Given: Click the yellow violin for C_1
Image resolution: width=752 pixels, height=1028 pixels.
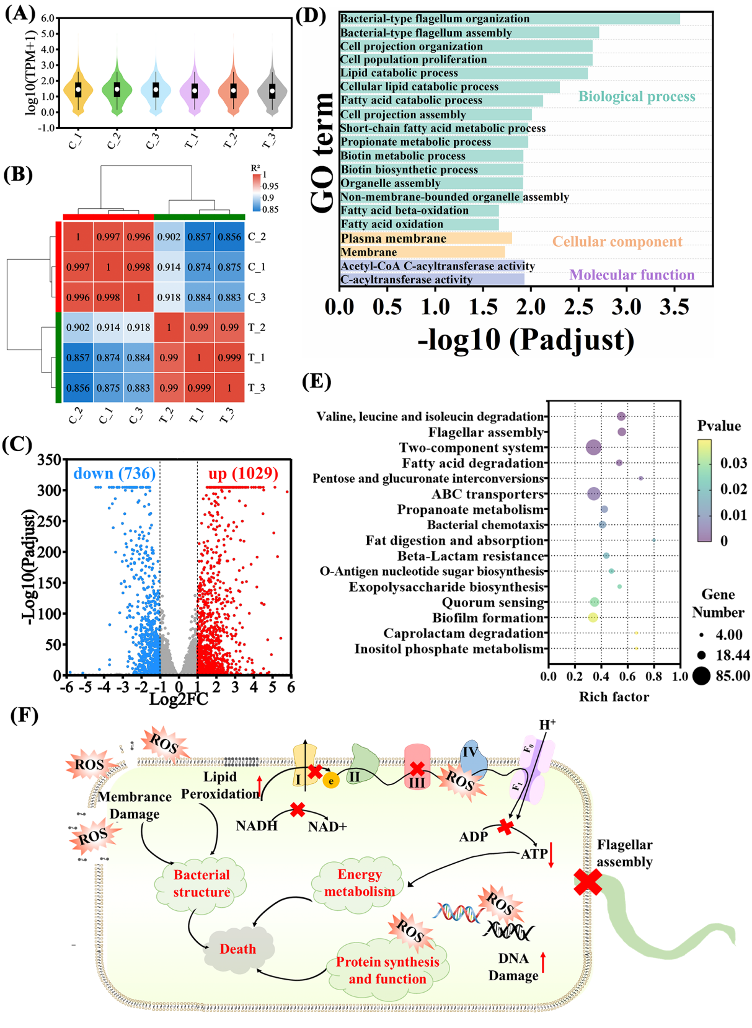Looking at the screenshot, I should [78, 90].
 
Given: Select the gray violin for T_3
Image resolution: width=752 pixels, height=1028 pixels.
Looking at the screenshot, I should [272, 90].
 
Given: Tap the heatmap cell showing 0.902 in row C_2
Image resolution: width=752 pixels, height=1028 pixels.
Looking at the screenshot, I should [169, 237].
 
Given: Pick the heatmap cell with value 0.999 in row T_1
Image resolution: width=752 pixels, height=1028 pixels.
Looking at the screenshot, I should [229, 358].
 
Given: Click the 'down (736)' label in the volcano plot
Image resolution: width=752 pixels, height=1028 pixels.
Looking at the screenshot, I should [115, 474].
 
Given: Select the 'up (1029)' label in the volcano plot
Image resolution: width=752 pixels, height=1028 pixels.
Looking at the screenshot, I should [243, 474].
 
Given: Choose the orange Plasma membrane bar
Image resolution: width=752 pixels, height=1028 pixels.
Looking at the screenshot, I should [426, 239].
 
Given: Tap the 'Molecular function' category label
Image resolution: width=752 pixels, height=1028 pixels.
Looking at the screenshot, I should [632, 275].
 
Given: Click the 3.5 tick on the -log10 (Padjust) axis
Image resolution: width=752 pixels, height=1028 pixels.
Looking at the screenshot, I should [675, 307].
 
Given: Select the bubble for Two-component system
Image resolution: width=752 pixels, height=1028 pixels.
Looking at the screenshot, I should [593, 447].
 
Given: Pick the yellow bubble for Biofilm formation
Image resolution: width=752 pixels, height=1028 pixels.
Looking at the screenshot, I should [593, 618].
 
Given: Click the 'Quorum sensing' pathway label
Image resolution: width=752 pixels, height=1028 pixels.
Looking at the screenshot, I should [493, 602].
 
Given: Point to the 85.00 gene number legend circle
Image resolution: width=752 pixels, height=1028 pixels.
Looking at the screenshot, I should [701, 675].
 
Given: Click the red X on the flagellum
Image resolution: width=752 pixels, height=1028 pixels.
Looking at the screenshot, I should [588, 882].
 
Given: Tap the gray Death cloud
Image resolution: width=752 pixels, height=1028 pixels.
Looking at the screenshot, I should [239, 948].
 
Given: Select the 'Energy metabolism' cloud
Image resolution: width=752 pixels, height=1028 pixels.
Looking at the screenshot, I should [359, 883].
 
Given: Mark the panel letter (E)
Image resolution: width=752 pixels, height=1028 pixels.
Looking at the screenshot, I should [316, 382].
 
